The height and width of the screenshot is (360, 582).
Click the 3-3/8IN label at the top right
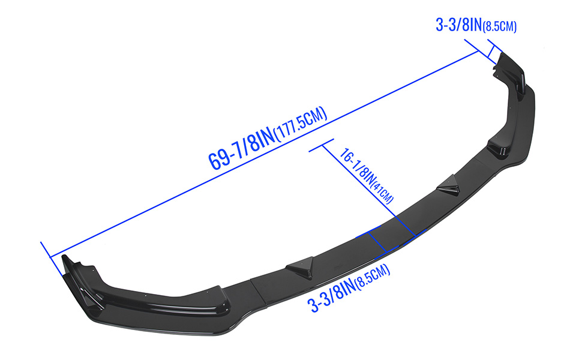click(458, 25)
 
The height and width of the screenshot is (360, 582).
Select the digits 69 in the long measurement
click(217, 158)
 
